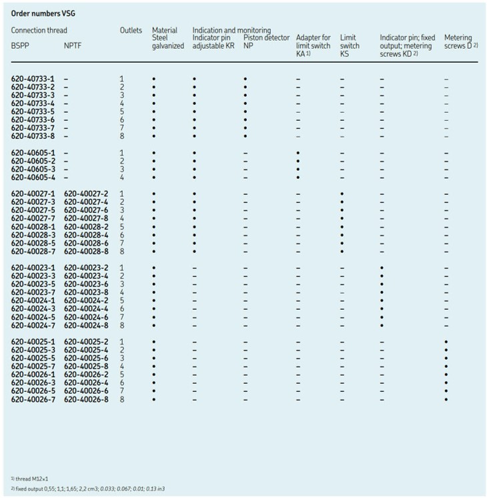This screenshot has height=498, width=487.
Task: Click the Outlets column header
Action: click(x=131, y=30)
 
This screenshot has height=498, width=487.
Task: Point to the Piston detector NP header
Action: click(x=266, y=42)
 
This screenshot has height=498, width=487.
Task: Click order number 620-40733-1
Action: click(x=33, y=79)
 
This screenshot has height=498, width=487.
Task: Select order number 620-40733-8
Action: click(x=33, y=136)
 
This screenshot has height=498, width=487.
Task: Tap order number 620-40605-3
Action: click(x=33, y=169)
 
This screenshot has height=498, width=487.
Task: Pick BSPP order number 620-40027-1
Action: click(x=33, y=194)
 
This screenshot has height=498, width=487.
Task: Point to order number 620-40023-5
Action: click(x=33, y=284)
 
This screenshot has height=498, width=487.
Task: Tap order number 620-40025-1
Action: click(x=33, y=342)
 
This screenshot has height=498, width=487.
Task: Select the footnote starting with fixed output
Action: click(x=89, y=490)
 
